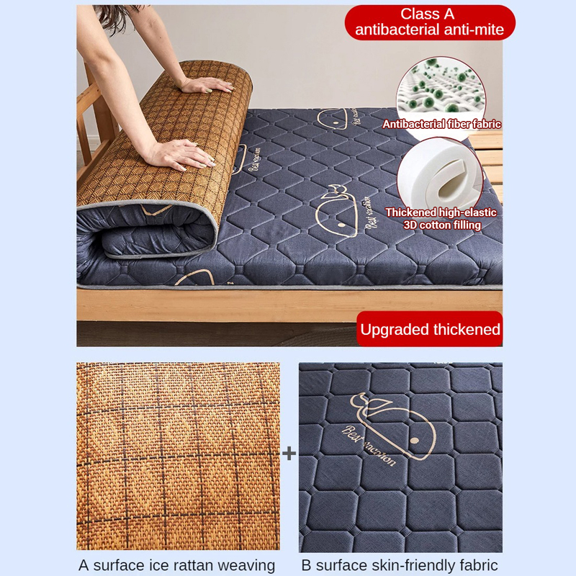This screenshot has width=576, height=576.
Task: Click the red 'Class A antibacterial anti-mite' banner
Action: point(430,22)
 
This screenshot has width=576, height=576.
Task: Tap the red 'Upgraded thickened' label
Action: point(430,330)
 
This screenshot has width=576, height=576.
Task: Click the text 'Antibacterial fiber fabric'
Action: point(441,125)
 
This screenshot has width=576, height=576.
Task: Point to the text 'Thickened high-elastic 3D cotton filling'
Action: point(441,219)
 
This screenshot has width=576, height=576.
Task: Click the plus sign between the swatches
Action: point(289,454)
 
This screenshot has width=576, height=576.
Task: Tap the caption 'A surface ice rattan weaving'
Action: point(177,565)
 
